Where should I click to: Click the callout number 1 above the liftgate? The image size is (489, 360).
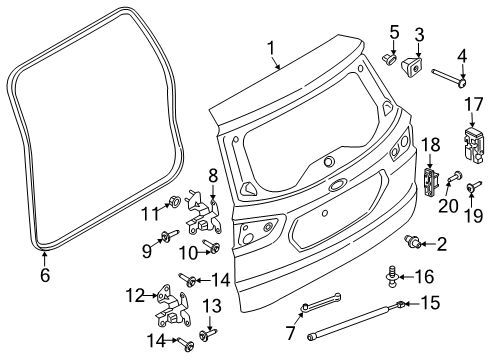269,47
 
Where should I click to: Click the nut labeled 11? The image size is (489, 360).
174,201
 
